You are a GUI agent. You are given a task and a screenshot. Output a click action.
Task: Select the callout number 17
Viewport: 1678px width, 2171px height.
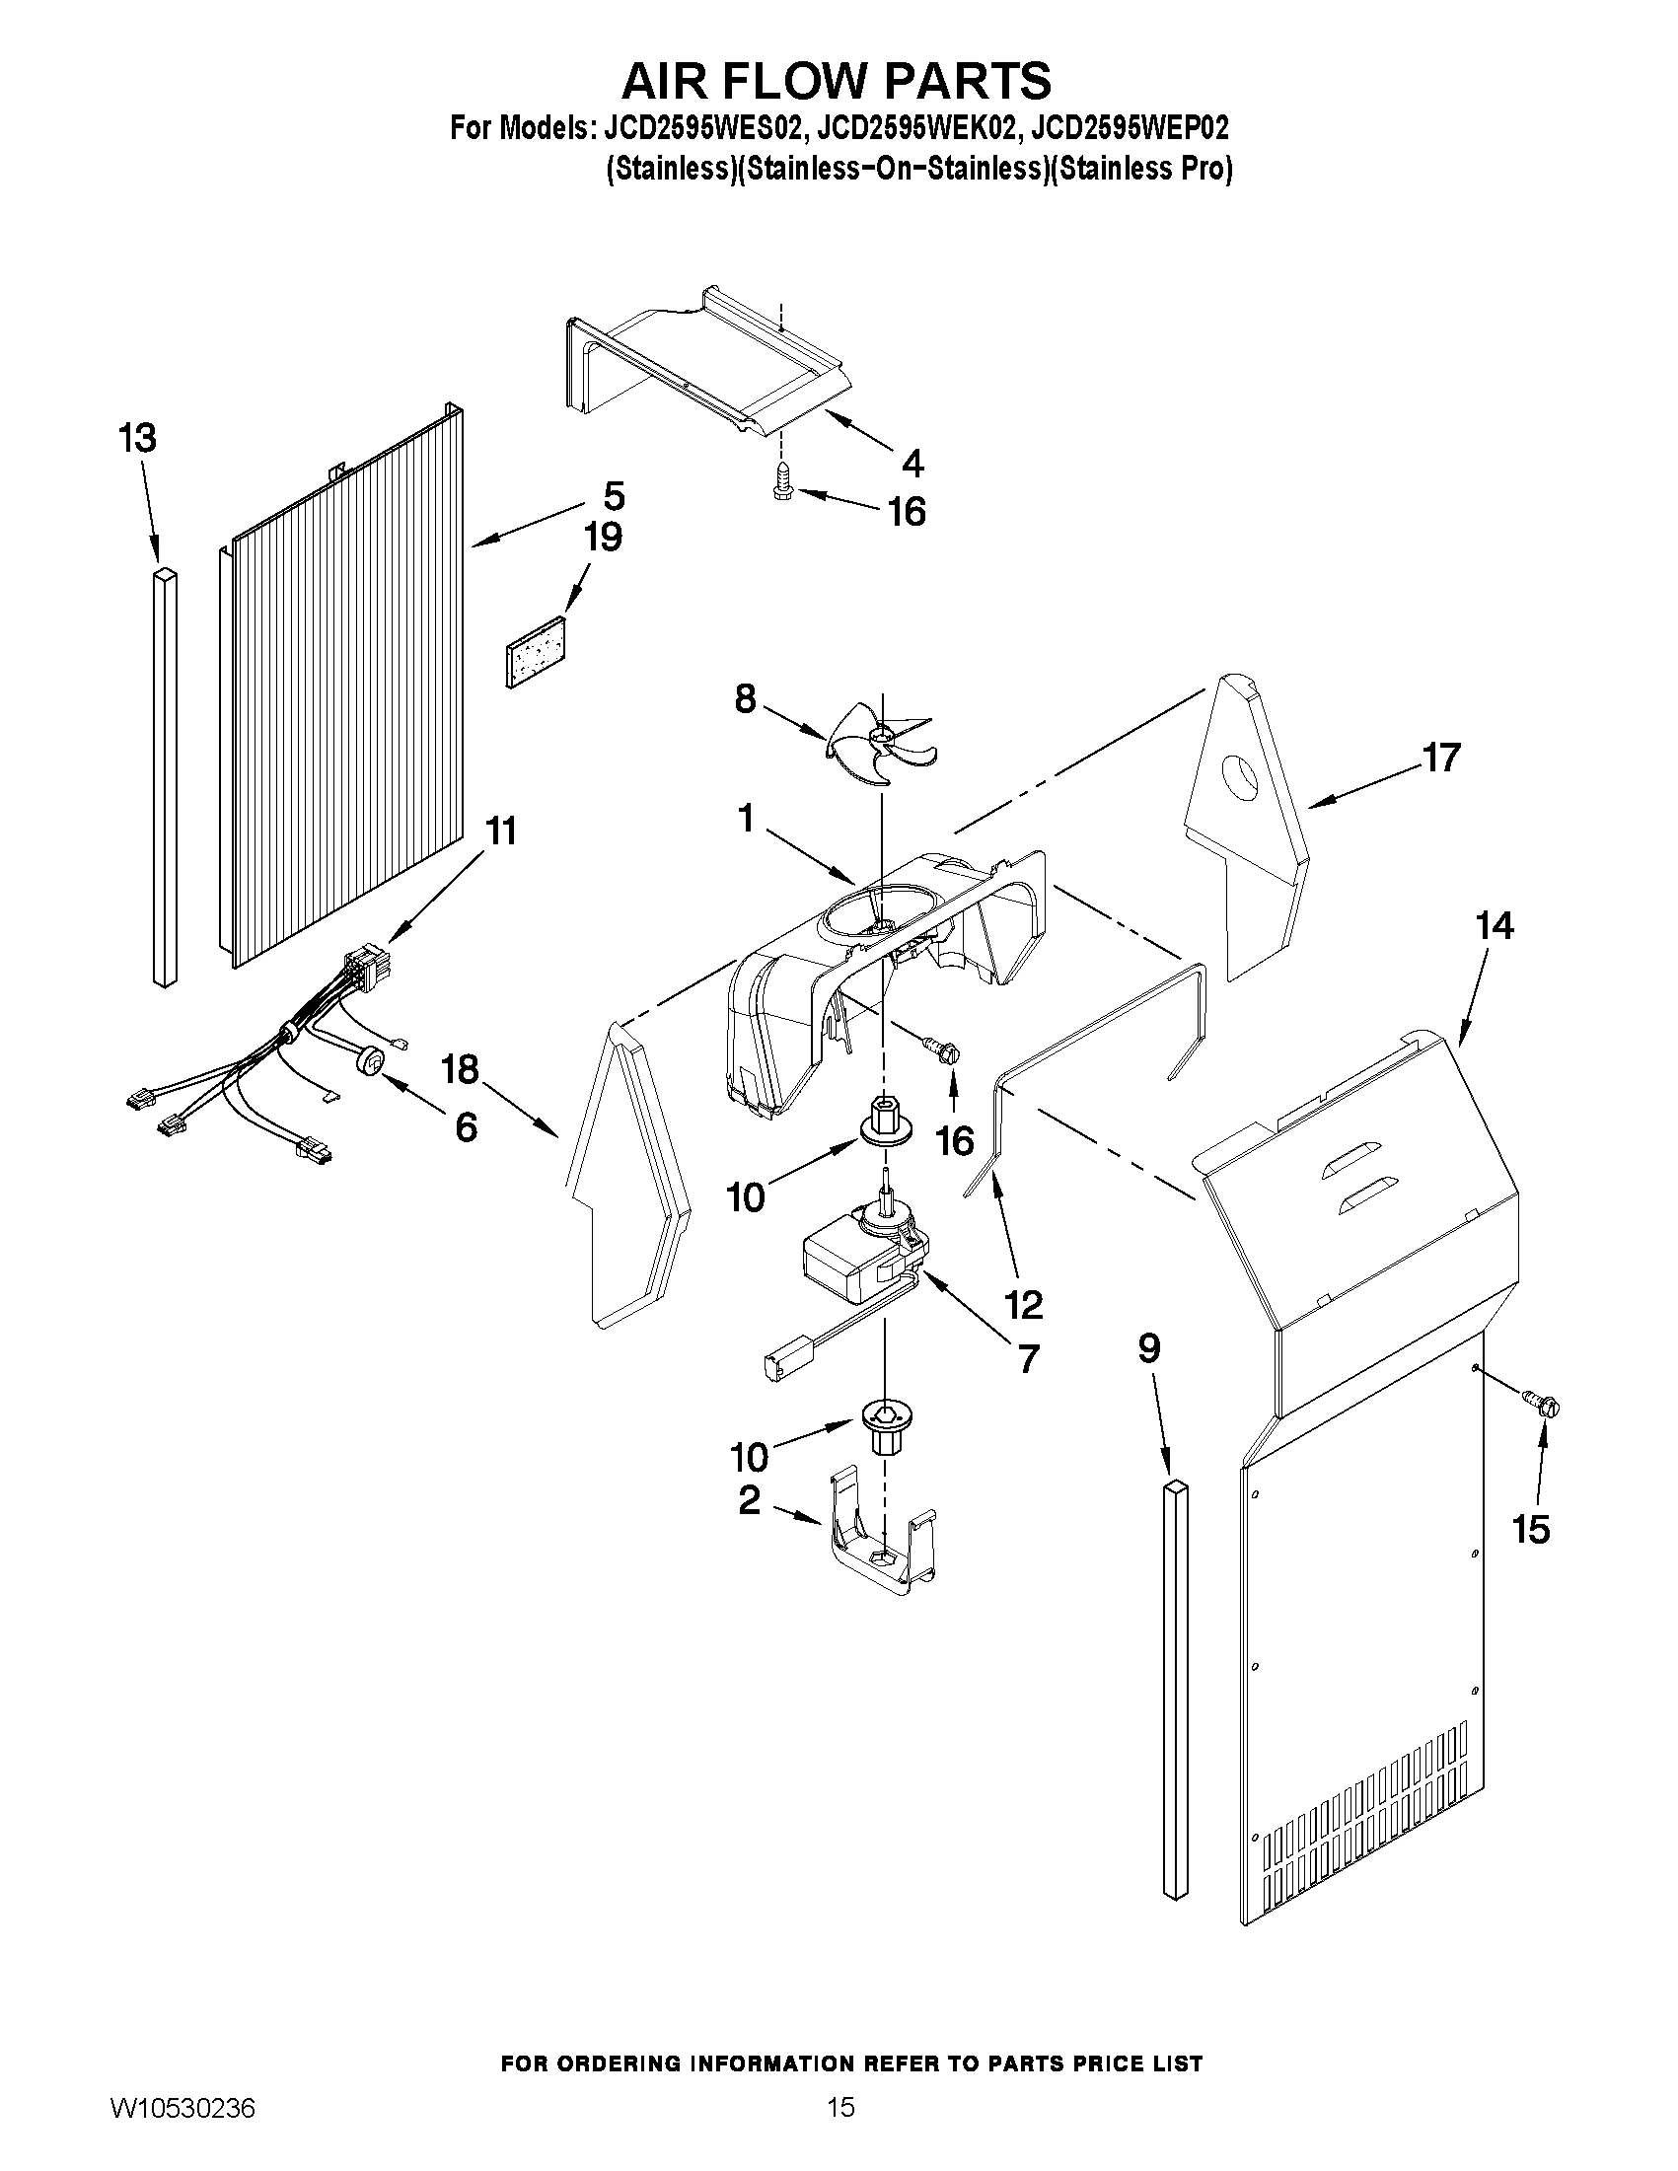[1440, 758]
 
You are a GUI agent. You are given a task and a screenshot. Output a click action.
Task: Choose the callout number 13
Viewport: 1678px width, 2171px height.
[138, 437]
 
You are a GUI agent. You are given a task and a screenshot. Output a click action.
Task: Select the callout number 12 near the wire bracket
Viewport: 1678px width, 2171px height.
[1023, 1304]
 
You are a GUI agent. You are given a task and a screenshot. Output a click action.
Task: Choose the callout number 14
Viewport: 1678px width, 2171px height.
[1495, 925]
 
